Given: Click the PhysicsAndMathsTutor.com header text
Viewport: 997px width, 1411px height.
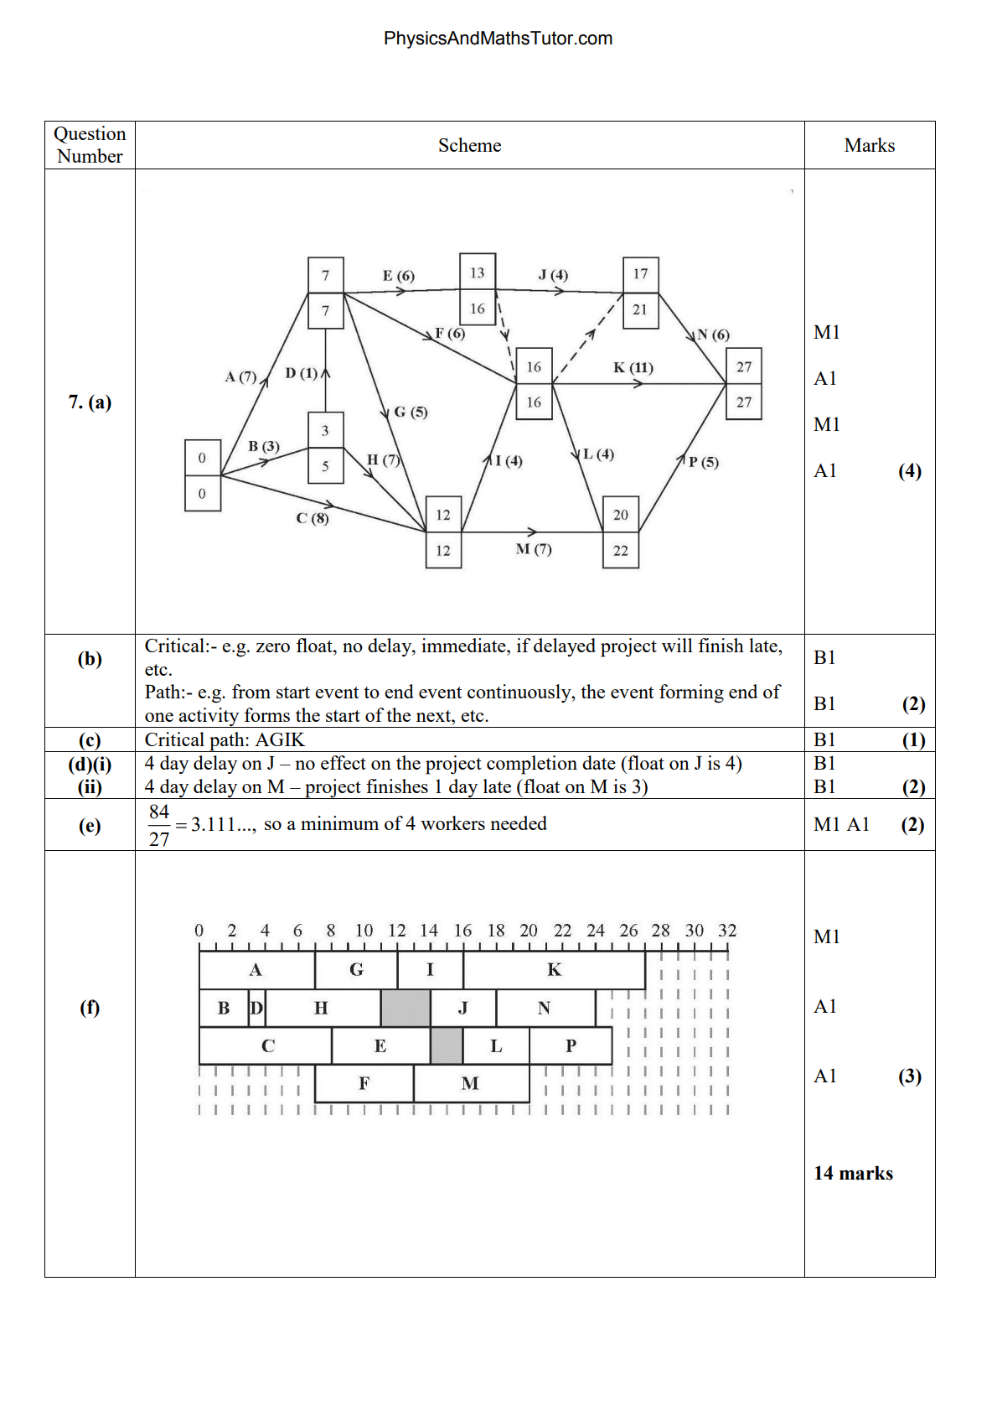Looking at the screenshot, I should [498, 39].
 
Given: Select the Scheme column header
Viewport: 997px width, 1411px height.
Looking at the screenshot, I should [469, 146].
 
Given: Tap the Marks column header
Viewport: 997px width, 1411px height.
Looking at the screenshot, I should [869, 146].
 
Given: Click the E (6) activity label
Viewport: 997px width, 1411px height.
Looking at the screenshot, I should [399, 276].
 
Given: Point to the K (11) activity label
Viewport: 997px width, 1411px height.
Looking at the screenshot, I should [633, 367].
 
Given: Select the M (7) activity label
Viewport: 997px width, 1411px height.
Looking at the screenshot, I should [534, 549].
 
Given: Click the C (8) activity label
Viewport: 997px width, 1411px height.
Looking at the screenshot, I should [313, 518].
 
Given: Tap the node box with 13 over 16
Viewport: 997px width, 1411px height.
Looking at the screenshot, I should [478, 290].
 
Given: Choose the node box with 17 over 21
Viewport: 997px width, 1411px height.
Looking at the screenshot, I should [640, 292].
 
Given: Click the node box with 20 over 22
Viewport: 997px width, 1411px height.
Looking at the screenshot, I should [621, 532].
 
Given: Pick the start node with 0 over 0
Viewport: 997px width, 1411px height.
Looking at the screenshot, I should [202, 475].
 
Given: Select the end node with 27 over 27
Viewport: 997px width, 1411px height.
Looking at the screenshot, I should [744, 384].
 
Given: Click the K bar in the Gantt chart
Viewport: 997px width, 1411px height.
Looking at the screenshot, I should [554, 970].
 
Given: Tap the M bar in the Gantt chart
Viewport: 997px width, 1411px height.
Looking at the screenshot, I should [471, 1083].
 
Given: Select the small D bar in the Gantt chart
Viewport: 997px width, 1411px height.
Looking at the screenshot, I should [256, 1008].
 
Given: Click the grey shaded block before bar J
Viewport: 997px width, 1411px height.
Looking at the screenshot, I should [406, 1008].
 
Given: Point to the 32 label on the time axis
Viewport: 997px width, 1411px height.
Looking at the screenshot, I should [727, 931].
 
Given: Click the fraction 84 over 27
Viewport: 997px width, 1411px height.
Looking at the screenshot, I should [159, 825].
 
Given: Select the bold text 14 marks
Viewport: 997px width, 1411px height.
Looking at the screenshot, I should [853, 1173].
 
